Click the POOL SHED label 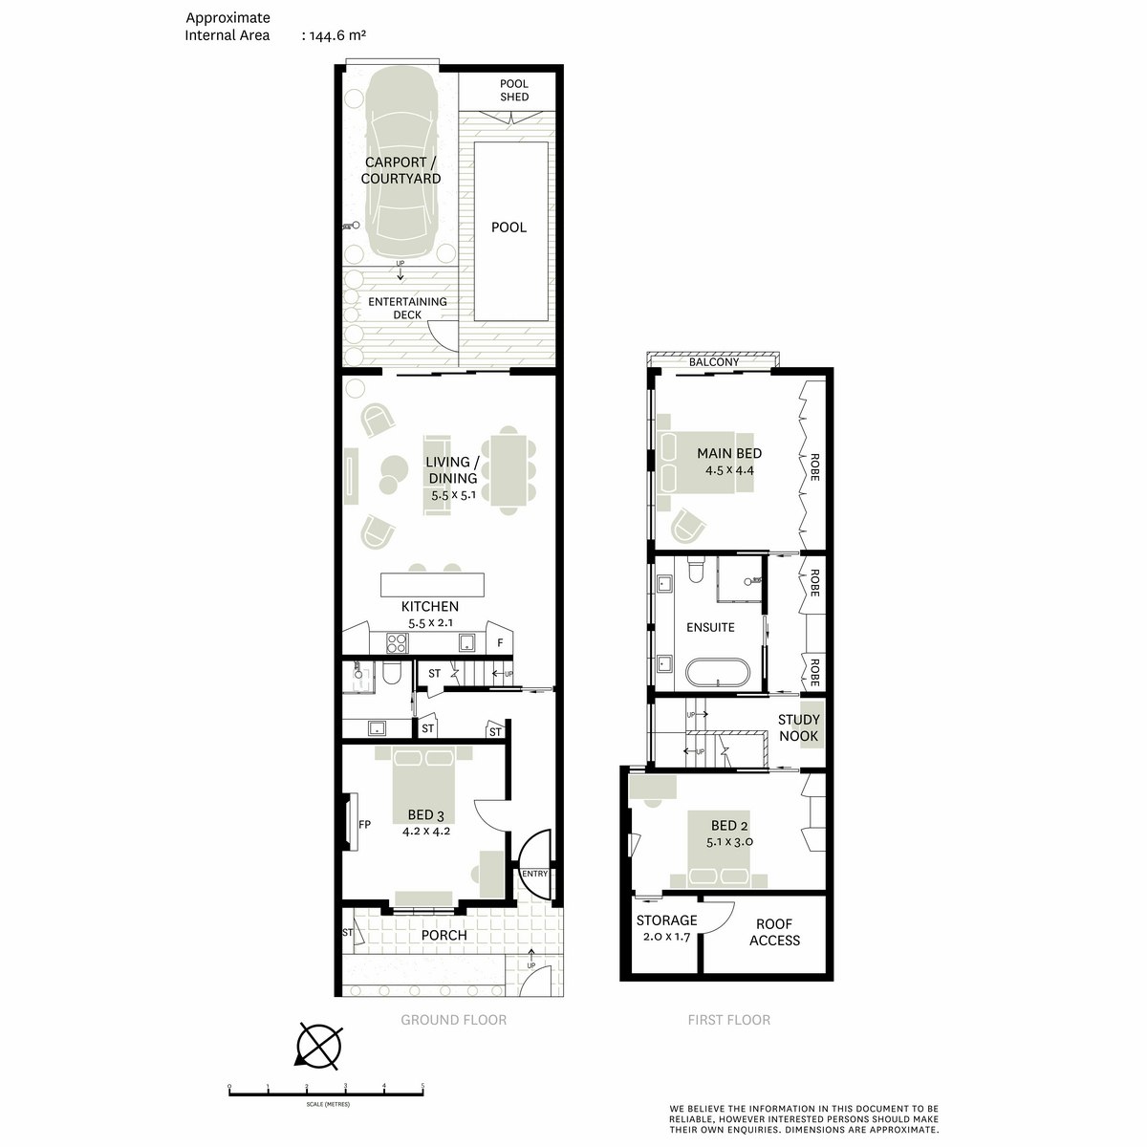point(513,90)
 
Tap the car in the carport point(401,168)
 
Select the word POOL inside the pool point(509,227)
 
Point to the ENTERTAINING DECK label point(407,308)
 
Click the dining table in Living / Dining point(509,470)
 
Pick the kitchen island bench point(432,585)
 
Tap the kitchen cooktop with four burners point(397,643)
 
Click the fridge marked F point(500,643)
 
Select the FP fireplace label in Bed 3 point(364,824)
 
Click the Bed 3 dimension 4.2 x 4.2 point(426,831)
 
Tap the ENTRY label point(534,874)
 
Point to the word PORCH point(444,935)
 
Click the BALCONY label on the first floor point(714,362)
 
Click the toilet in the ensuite point(695,570)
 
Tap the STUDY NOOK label point(798,727)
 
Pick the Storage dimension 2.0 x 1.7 point(666,937)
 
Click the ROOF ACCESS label point(774,932)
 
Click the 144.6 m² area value point(336,35)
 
